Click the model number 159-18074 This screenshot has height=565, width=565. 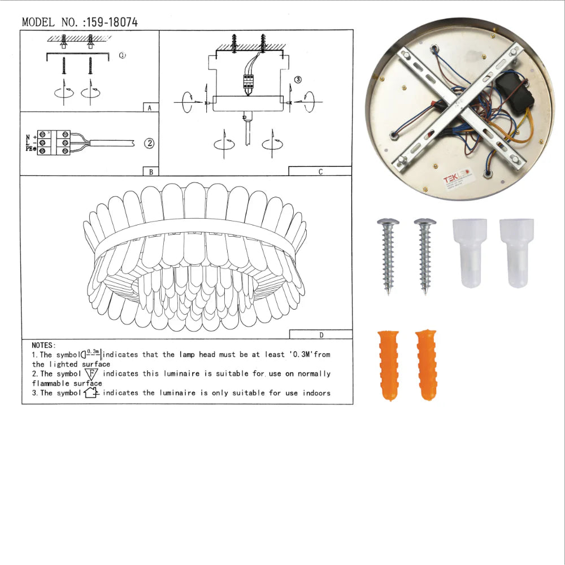click(112, 23)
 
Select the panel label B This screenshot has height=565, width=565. click(150, 172)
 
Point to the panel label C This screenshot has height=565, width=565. click(320, 172)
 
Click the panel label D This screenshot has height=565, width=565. click(321, 334)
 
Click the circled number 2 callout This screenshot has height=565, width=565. click(149, 143)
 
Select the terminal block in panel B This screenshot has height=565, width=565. click(54, 143)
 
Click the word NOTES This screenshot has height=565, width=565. click(44, 345)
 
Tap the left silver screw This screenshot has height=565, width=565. click(388, 255)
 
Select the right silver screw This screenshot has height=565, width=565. click(425, 255)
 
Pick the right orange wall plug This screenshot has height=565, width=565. click(426, 365)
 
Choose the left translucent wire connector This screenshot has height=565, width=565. click(470, 252)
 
